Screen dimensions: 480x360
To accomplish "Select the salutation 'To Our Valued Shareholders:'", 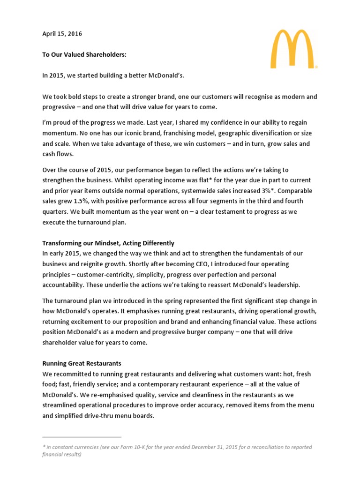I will click(x=84, y=55).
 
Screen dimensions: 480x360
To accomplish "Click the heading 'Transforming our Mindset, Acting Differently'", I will click(x=108, y=243).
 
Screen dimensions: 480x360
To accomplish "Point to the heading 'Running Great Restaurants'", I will click(x=82, y=363).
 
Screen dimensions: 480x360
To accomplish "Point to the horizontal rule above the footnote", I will click(x=82, y=437).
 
